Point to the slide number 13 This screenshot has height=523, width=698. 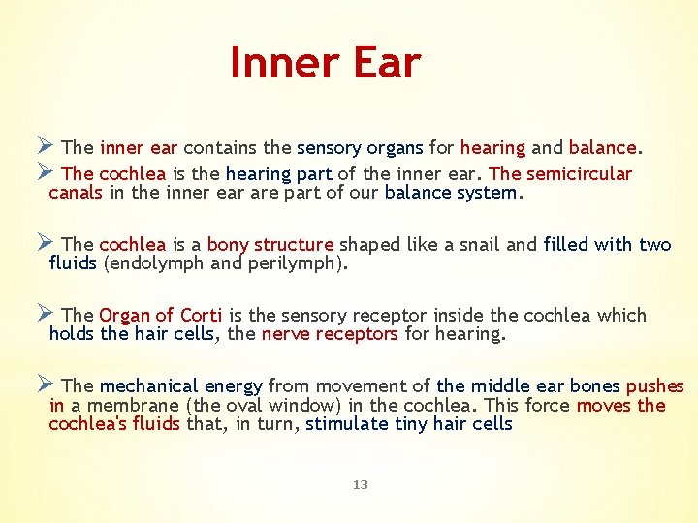point(361,484)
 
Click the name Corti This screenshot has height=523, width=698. point(201,315)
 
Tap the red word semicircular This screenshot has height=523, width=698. point(579,173)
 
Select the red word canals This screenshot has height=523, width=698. point(77,192)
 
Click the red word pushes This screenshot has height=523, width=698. point(655,385)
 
